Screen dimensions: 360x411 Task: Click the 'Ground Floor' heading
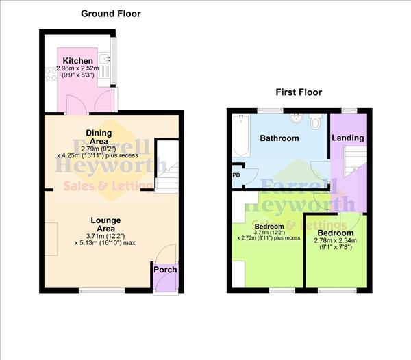[111, 13]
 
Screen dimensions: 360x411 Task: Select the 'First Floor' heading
[299, 92]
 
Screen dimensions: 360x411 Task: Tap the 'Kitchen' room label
[77, 61]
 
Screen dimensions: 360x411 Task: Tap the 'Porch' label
[165, 269]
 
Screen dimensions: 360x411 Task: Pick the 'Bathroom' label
[279, 138]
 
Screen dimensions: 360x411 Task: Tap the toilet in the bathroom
[314, 122]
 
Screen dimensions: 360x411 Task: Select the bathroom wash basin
[296, 117]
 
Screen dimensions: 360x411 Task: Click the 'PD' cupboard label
[236, 175]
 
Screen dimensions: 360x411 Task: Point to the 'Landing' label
[347, 138]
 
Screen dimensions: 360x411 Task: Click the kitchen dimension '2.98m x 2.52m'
[77, 70]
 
